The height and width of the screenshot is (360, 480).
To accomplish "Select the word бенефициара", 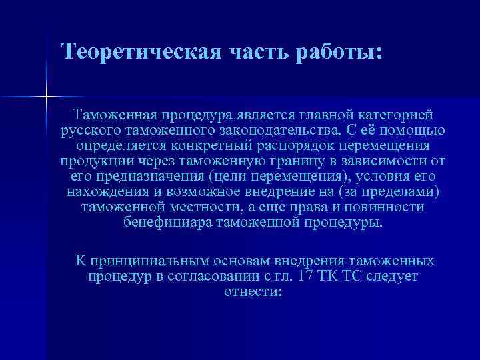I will (167, 222).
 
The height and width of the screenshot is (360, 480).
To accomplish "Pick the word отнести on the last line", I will (253, 291).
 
